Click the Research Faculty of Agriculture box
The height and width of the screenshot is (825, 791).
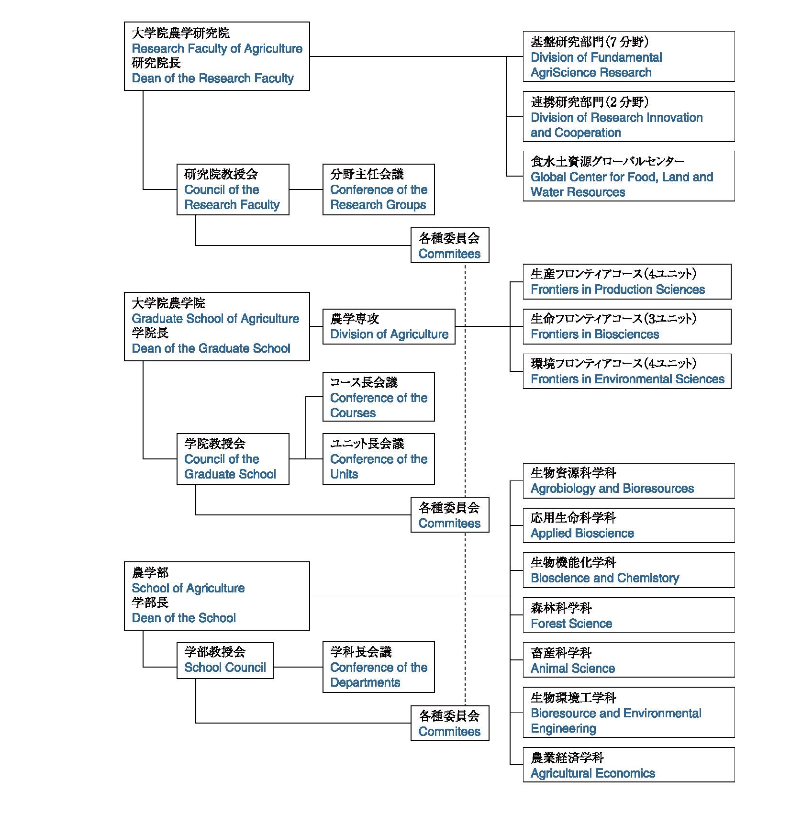[217, 56]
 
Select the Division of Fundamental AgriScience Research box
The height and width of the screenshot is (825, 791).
[628, 56]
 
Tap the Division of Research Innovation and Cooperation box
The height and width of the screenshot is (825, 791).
[628, 116]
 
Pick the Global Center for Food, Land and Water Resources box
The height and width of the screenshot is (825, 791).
[628, 176]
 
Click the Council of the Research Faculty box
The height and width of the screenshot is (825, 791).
[233, 190]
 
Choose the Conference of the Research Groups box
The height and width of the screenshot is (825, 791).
[379, 190]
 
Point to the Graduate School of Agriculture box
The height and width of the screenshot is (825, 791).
[217, 326]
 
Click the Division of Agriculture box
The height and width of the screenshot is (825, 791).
[389, 326]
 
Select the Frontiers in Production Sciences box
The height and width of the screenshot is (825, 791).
[627, 281]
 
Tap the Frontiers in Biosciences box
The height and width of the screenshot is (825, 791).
[627, 326]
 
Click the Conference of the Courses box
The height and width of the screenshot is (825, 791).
[379, 397]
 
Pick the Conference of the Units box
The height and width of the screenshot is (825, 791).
[379, 459]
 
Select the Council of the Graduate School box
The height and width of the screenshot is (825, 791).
[233, 459]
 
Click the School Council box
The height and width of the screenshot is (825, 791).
[225, 660]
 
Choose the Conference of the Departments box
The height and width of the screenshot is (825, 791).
[379, 667]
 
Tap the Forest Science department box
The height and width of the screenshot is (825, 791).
[628, 615]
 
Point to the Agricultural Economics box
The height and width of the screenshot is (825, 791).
[628, 765]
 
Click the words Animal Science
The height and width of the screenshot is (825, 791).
[573, 669]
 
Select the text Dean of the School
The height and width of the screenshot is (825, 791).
[184, 618]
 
